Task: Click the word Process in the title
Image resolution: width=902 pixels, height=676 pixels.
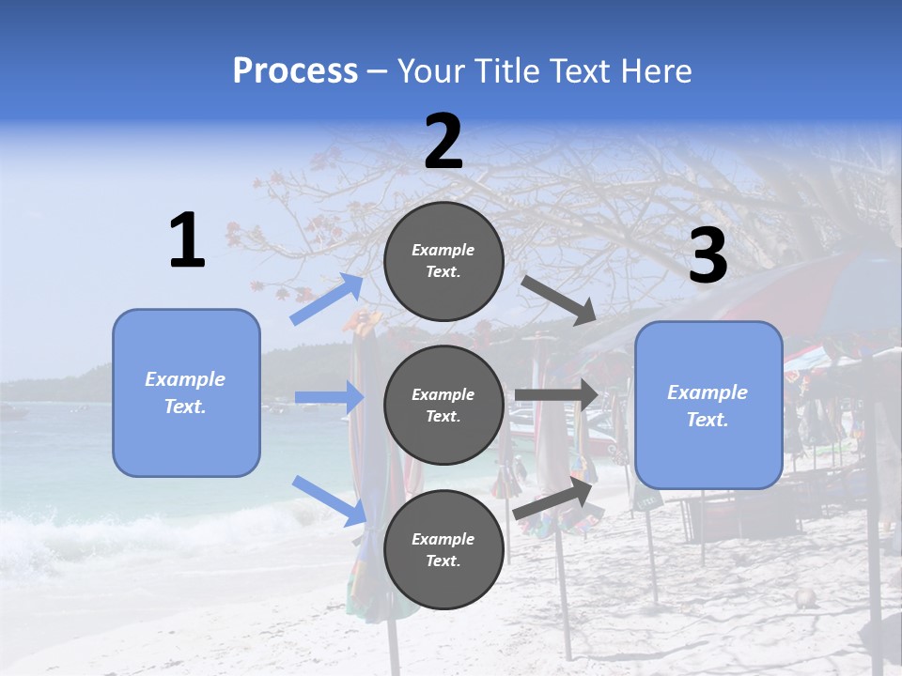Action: tap(295, 70)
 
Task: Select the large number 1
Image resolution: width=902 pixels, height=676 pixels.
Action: tap(187, 241)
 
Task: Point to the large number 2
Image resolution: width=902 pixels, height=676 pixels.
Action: tap(443, 142)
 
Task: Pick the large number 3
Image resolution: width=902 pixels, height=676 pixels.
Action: tap(708, 256)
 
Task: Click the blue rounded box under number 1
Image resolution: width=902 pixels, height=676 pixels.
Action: tap(186, 392)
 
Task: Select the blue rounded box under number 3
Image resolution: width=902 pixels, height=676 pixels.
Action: tap(708, 405)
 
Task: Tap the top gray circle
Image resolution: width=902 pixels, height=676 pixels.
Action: tap(443, 261)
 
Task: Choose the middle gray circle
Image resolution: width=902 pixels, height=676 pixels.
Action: tap(443, 405)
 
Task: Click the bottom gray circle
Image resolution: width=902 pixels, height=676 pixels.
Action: tap(443, 549)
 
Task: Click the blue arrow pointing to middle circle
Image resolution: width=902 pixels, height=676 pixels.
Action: tap(330, 398)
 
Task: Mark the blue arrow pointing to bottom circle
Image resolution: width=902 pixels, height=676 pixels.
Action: tap(330, 499)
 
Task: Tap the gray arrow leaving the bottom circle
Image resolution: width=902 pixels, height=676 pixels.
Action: tap(553, 498)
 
